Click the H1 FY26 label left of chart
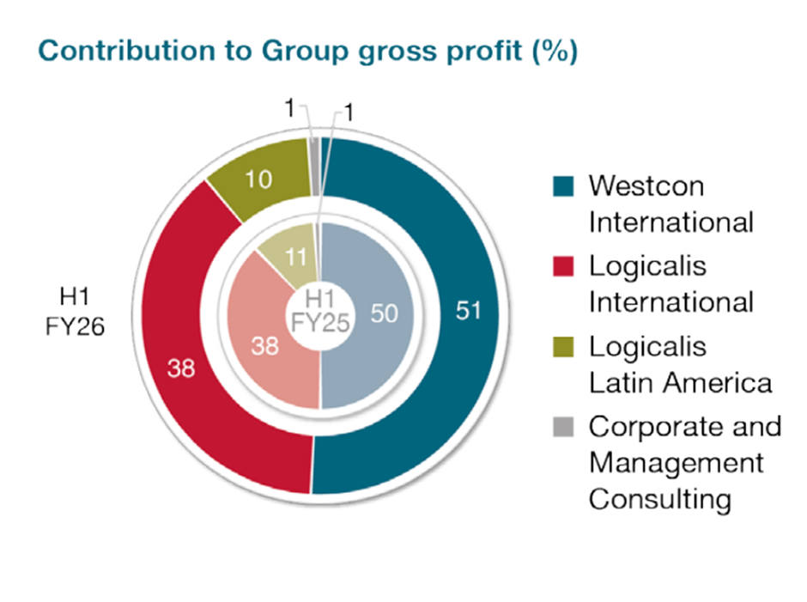(x=76, y=314)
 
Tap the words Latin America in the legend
(x=679, y=383)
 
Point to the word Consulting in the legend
(x=659, y=499)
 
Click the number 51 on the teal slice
(x=469, y=313)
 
